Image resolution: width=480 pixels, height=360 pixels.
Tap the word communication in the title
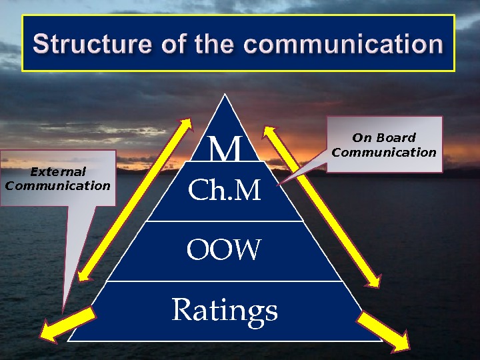[x=349, y=45]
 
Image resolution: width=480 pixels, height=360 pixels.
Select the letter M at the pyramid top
[x=225, y=150]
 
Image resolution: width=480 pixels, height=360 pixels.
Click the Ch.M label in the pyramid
[x=225, y=191]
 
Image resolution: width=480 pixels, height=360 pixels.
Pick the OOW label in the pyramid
[x=225, y=251]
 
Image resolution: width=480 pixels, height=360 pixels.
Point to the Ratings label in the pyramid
[x=225, y=310]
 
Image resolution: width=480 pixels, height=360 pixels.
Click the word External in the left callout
[x=58, y=172]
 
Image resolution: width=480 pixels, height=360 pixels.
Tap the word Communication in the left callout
[x=58, y=186]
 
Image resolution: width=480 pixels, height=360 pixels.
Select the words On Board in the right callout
[x=383, y=138]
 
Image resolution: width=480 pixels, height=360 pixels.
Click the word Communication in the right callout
[x=383, y=152]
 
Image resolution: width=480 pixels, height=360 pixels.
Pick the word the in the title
[x=215, y=45]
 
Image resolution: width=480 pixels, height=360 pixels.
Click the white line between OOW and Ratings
[x=225, y=281]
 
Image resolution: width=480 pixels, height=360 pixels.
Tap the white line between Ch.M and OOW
[x=225, y=221]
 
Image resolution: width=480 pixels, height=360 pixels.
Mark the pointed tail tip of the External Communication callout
[x=63, y=311]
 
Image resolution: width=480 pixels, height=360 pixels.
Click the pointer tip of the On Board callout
[x=279, y=183]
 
